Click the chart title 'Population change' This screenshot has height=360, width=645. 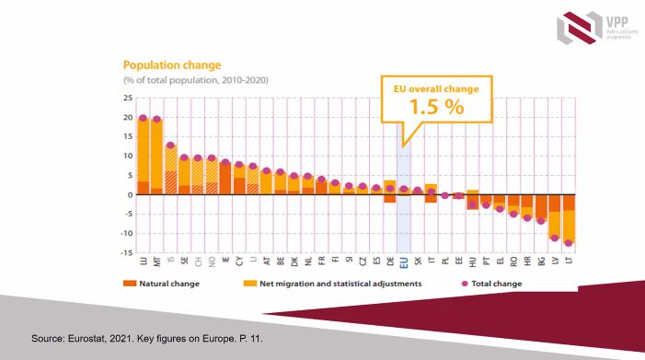[172, 66]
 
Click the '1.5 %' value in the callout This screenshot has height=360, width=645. [438, 105]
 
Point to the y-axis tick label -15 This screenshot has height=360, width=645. [126, 252]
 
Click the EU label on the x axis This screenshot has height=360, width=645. [404, 261]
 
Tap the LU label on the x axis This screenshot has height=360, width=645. [143, 261]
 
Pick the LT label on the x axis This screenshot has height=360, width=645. [570, 261]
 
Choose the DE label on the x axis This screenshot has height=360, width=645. [390, 261]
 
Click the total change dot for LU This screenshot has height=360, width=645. [143, 118]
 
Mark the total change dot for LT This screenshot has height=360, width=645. [570, 243]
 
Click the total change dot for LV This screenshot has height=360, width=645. [555, 238]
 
